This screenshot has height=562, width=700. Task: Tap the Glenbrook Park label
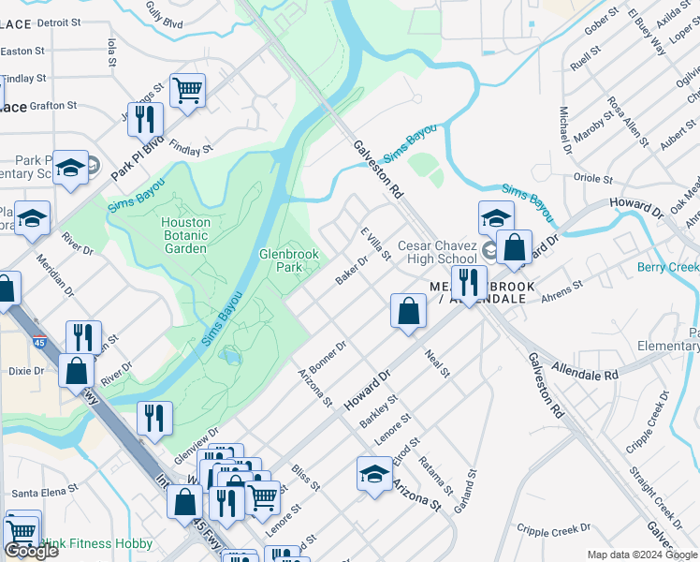coord(289,260)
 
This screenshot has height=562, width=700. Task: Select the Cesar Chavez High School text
coord(437,252)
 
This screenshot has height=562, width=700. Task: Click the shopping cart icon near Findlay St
coord(188,92)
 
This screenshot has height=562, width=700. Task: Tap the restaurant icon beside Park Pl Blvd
coord(145,119)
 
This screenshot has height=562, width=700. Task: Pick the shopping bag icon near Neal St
coord(408,310)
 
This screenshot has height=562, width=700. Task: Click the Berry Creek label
coord(667,268)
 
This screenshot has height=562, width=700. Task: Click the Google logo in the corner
coord(31,551)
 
